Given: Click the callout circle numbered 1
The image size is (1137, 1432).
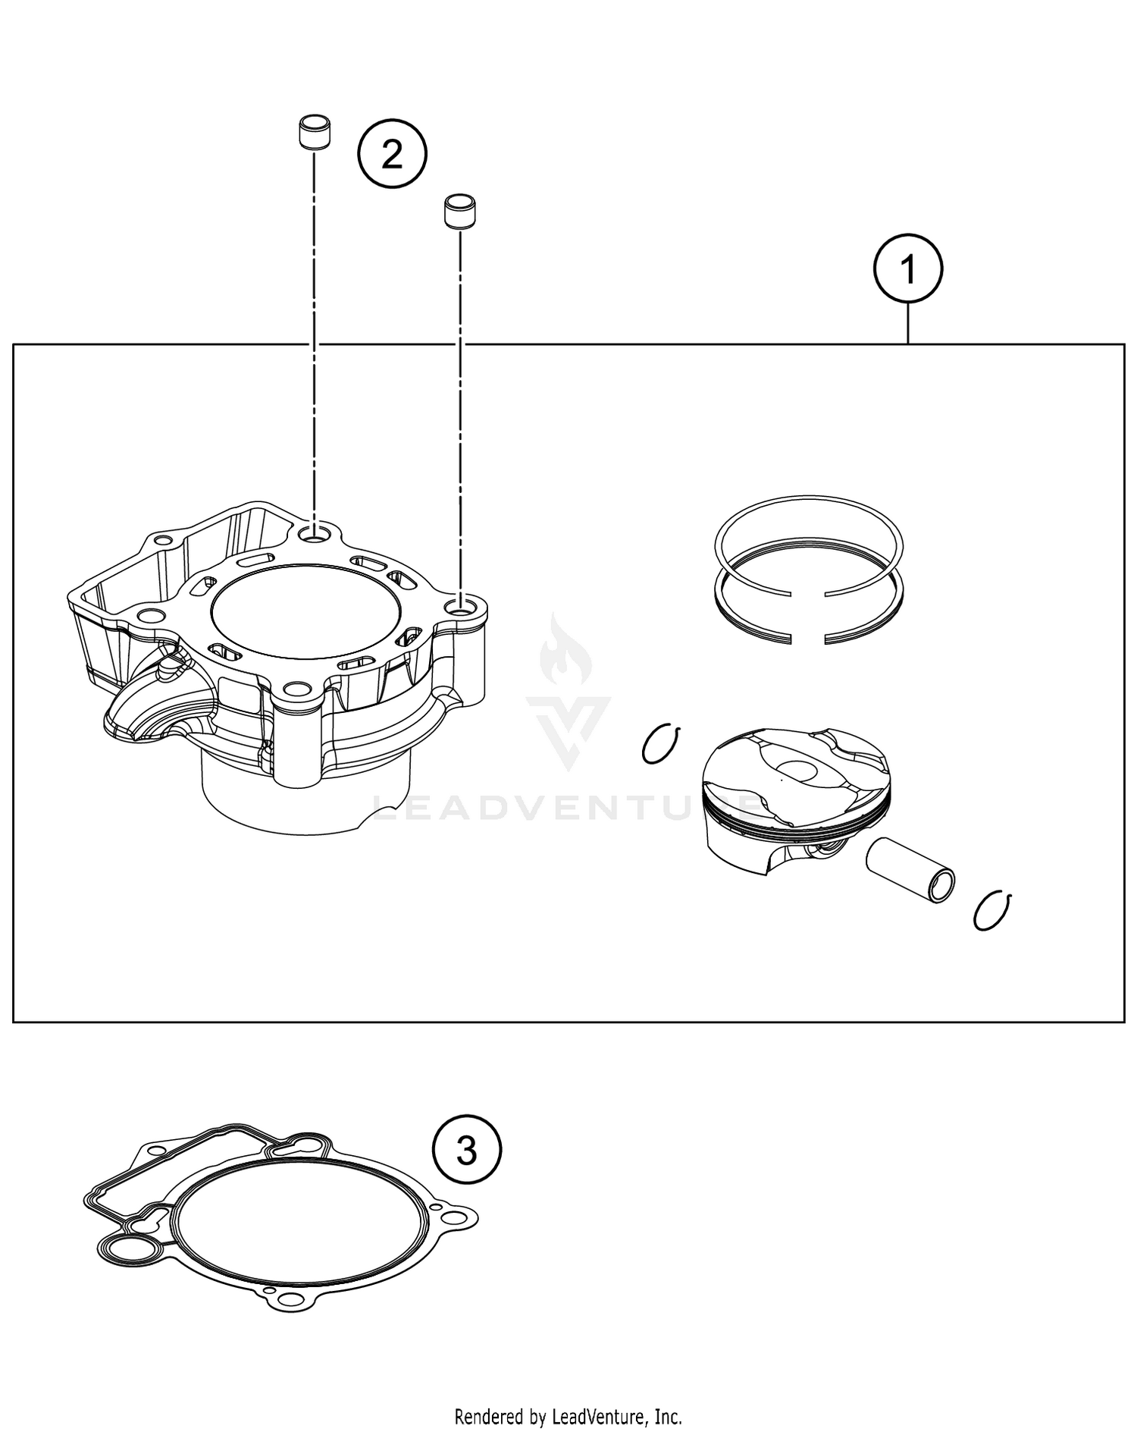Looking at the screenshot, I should (x=907, y=269).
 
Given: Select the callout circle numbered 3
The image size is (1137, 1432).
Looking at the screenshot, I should (x=467, y=1151).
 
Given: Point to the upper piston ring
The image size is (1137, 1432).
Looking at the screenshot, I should (x=809, y=537).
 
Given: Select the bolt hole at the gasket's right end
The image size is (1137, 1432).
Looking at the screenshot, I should (x=453, y=1219).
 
